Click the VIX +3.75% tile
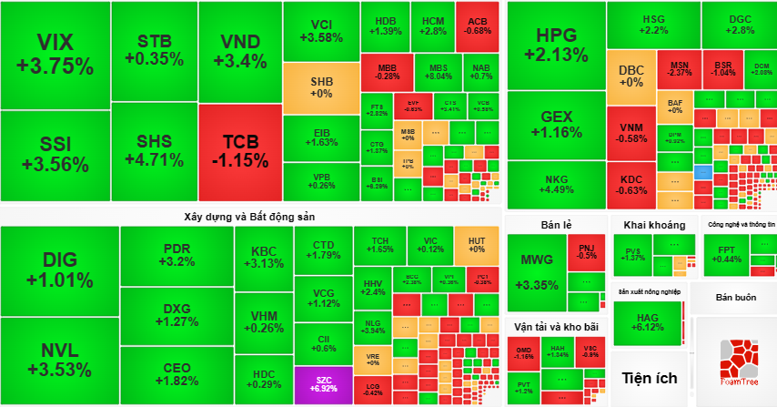click(55, 55)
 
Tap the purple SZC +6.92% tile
click(323, 383)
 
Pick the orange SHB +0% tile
click(321, 86)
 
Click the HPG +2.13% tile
click(556, 44)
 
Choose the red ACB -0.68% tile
click(478, 25)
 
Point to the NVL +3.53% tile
click(59, 360)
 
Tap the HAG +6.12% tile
click(649, 321)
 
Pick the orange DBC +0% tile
click(631, 76)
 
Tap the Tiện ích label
click(650, 377)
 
